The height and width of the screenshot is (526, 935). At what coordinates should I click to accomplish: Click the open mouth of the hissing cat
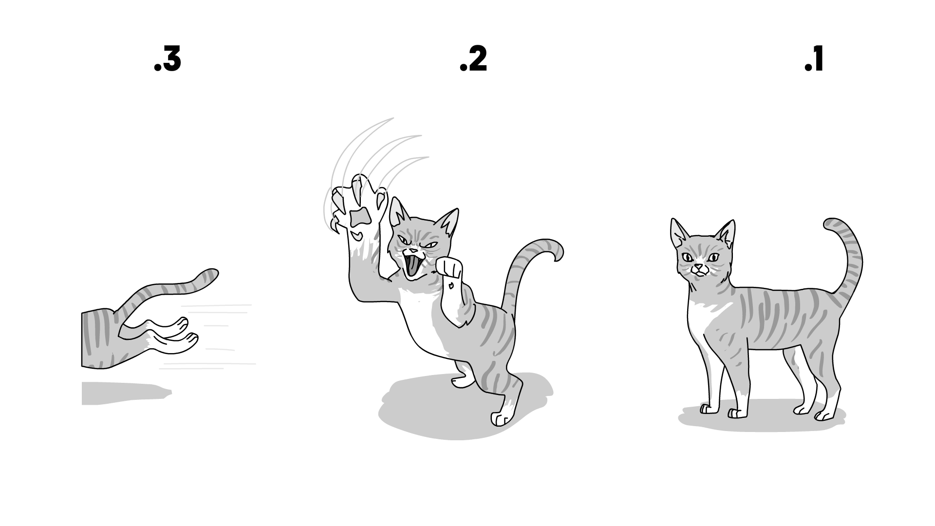[x=412, y=267]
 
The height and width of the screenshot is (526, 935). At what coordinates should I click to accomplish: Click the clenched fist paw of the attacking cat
[x=449, y=267]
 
